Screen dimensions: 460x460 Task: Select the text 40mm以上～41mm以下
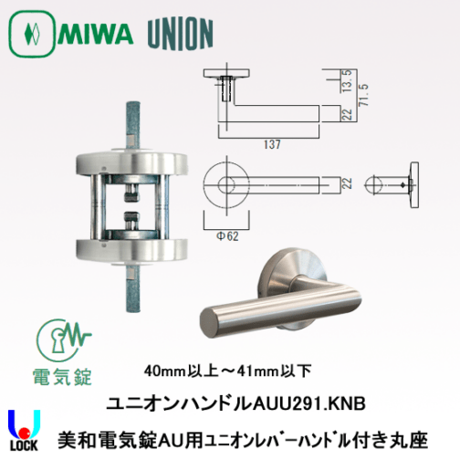tap(227, 371)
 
